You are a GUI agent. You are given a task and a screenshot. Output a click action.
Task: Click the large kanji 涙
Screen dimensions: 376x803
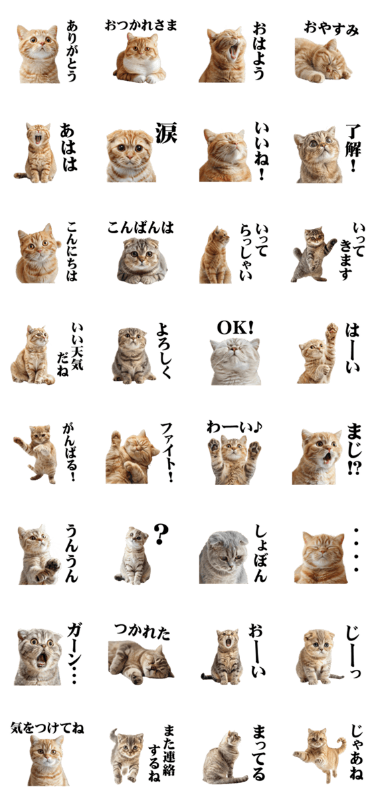coord(166,133)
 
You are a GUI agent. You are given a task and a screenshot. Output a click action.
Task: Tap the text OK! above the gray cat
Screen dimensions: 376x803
coord(235,327)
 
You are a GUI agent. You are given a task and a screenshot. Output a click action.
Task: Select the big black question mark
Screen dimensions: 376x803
coord(161,534)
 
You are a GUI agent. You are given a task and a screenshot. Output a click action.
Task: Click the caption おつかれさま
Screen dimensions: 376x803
coord(141,26)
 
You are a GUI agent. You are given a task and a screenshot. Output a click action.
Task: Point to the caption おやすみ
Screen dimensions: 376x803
coord(331,28)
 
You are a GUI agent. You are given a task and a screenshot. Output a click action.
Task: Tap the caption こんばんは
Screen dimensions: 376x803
coord(140,228)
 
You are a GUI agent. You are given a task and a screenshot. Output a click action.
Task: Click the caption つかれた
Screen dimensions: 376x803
coord(142,631)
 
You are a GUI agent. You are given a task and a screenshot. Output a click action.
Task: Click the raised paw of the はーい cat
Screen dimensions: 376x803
coord(332,330)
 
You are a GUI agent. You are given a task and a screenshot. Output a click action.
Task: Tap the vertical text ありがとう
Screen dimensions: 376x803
coord(72,51)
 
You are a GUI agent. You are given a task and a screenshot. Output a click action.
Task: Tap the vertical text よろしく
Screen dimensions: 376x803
coord(164,351)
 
